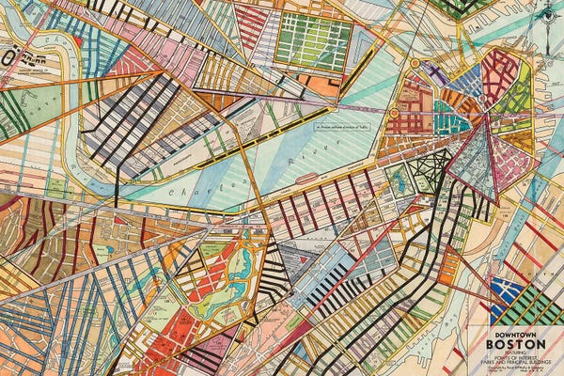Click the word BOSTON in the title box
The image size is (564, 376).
(515, 342)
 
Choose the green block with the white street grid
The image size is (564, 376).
(313, 41)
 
